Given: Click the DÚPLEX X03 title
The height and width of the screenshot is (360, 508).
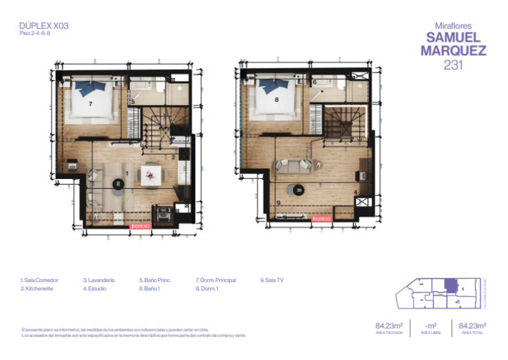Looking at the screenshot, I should click(44, 26).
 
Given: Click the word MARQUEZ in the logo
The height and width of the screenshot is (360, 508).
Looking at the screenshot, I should click(453, 49).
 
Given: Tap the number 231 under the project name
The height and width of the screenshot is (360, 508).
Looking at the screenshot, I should click(453, 65).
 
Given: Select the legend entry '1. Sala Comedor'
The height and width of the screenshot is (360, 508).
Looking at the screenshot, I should click(40, 280).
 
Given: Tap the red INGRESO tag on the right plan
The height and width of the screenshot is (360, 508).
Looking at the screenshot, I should click(322, 219).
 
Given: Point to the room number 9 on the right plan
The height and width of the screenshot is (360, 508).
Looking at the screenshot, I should click(278, 203).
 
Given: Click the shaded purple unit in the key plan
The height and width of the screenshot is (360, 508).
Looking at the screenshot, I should click(450, 285).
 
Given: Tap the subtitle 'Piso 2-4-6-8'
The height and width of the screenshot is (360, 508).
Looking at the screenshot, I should click(35, 33).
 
